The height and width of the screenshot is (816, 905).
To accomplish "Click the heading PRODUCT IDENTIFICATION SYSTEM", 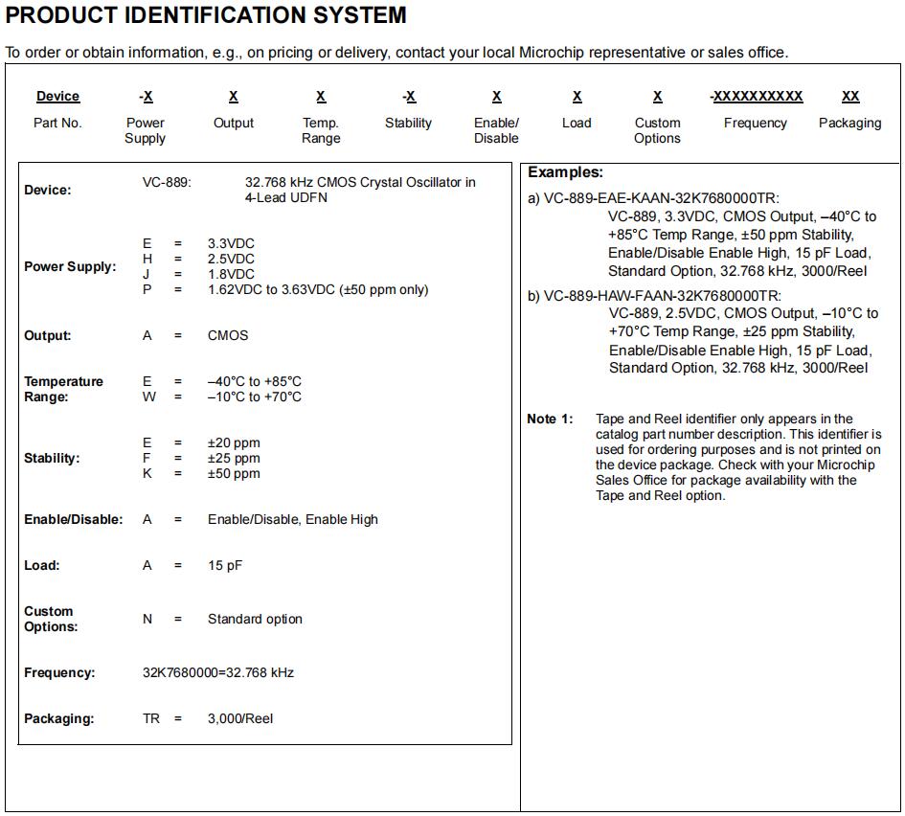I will tap(206, 15).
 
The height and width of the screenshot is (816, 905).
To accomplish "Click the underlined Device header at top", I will tap(57, 97).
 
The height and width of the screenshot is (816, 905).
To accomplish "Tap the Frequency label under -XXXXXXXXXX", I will tap(755, 123).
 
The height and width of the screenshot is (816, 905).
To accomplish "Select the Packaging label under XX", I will tap(849, 123).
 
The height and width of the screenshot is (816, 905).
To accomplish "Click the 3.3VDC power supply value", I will tap(231, 243).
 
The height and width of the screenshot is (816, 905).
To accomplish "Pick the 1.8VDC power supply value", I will tap(231, 274).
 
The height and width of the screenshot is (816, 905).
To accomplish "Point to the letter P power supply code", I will tap(147, 289).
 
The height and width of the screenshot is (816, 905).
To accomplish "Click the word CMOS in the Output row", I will tap(228, 335).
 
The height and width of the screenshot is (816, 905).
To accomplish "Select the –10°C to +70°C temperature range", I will tap(255, 397).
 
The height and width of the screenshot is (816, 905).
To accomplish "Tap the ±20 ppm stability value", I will tap(234, 442).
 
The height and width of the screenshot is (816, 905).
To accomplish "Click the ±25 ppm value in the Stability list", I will tap(234, 458).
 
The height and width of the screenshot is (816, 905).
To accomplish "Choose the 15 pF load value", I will tap(225, 565).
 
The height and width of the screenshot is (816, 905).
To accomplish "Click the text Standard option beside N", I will tap(255, 619).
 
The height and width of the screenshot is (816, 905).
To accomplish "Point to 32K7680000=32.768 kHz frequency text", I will tap(218, 672).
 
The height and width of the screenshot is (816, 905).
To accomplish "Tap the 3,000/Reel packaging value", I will tap(240, 718).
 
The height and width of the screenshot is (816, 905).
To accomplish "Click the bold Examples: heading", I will tap(565, 172).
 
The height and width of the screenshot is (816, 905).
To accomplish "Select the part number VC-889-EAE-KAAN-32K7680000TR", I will tap(662, 198).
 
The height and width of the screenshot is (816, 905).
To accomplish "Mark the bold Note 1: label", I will tap(550, 419).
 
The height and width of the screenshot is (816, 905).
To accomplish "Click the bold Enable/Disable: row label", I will tap(74, 519).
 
